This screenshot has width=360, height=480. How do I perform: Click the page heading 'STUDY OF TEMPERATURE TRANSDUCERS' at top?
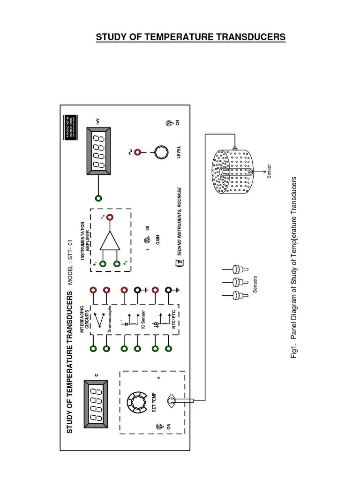pyautogui.click(x=190, y=37)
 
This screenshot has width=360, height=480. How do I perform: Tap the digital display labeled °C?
pyautogui.click(x=97, y=404)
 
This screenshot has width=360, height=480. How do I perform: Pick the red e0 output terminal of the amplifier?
pyautogui.click(x=110, y=217)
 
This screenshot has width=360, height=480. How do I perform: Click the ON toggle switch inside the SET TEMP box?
pyautogui.click(x=159, y=427)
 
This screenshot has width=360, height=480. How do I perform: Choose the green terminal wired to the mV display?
pyautogui.click(x=98, y=198)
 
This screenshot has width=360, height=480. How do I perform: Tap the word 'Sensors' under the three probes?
pyautogui.click(x=255, y=284)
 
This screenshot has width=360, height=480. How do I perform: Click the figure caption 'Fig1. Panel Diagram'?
pyautogui.click(x=294, y=268)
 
